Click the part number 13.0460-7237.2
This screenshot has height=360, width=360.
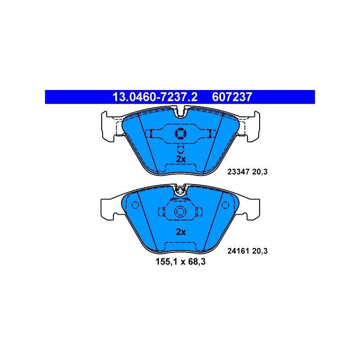(151, 97)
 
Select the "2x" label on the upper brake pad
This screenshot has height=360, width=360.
(180, 159)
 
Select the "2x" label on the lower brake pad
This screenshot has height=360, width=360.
(180, 232)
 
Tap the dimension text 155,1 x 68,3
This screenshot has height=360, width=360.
(180, 261)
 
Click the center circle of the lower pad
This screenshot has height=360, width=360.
(180, 211)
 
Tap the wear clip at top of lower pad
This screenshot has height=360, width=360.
(180, 190)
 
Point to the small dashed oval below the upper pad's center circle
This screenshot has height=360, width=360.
(180, 150)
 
